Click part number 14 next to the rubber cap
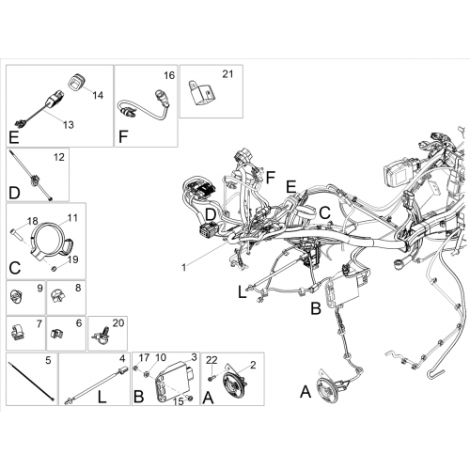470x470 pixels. point(98,95)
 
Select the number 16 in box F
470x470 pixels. point(169,75)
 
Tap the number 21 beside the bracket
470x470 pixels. point(227,74)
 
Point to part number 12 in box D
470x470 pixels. point(59,157)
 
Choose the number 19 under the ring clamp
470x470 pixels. point(72,259)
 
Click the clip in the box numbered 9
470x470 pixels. point(16,296)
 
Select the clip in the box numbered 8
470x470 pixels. point(57,296)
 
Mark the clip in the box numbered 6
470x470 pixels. point(56,334)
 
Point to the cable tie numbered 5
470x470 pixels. point(32,381)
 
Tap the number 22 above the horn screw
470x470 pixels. point(211,360)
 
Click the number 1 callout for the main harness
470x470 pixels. point(184,268)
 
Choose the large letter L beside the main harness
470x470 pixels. point(242,292)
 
